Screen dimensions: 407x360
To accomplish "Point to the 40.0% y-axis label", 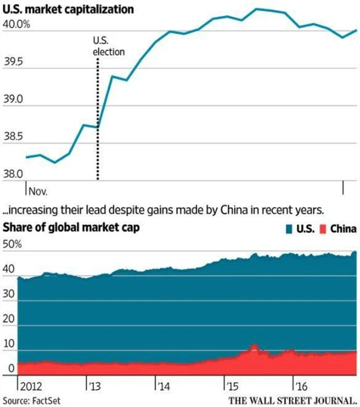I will point(16,25).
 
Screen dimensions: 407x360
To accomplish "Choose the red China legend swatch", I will point(323,228).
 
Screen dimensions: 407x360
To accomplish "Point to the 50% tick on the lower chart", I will point(12,246).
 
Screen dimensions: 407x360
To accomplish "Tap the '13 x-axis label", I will point(93,386).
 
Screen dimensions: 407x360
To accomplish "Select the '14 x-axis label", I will point(163,386).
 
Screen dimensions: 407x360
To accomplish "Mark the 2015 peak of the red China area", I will point(254,344).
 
